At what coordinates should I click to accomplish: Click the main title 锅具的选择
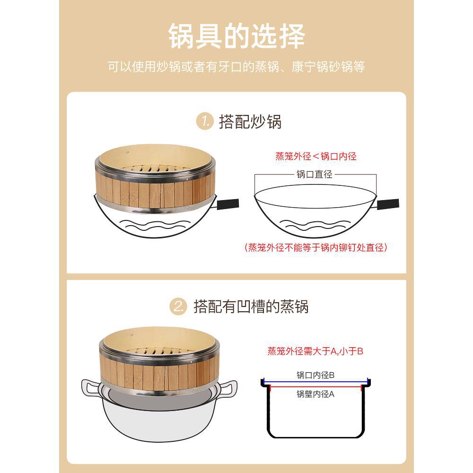(236, 36)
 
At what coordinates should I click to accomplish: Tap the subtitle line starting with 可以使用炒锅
(236, 67)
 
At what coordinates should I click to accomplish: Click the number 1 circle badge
(205, 121)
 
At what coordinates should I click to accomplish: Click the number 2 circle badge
(178, 307)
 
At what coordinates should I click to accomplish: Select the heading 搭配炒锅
(250, 122)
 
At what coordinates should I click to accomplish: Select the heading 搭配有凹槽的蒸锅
(251, 307)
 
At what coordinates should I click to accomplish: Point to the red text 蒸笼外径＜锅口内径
(316, 156)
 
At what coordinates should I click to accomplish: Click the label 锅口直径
(315, 175)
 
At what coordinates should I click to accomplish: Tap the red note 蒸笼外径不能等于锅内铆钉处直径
(316, 247)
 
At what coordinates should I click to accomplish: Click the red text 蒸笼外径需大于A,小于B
(315, 351)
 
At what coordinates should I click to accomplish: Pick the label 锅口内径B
(315, 375)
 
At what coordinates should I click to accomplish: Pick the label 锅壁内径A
(315, 394)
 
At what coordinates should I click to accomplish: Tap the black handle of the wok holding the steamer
(228, 204)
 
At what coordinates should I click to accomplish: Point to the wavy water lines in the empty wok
(315, 225)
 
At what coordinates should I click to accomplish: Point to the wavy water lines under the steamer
(155, 225)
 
